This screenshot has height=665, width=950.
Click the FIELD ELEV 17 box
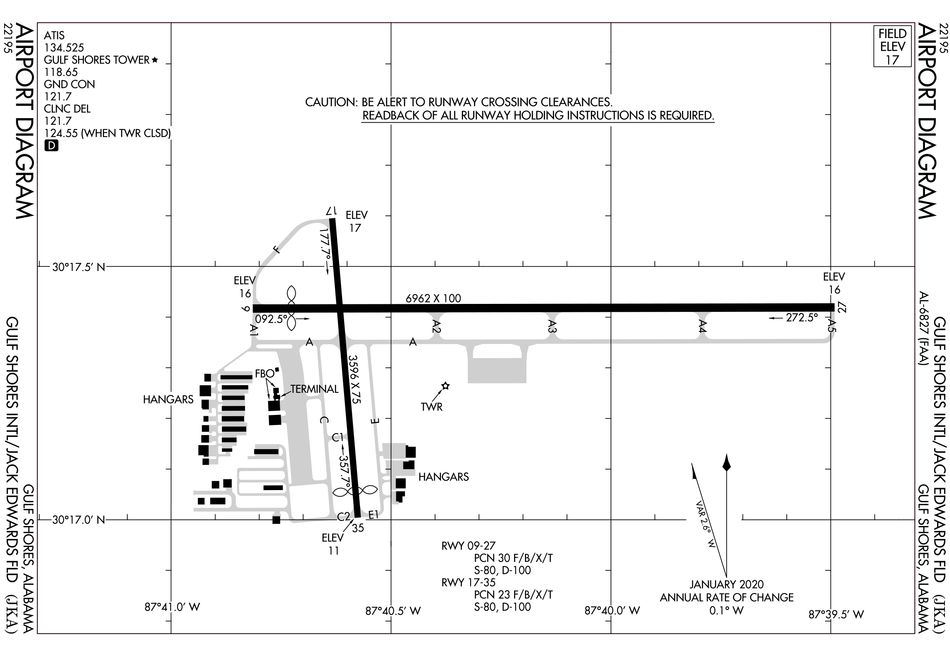892,46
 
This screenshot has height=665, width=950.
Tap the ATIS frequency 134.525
64,48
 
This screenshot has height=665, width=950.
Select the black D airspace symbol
51,146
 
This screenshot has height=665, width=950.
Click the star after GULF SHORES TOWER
155,60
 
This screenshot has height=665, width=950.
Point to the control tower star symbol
446,386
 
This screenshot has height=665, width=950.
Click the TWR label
432,407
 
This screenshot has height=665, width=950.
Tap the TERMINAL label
314,389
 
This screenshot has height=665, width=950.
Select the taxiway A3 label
552,326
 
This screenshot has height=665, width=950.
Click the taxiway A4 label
702,326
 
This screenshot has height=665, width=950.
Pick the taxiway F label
276,250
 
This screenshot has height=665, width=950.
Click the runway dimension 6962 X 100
433,298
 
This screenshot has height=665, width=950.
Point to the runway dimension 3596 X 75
354,379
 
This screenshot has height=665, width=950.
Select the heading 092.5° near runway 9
271,319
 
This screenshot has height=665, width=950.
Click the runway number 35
358,528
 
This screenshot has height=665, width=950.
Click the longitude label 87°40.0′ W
612,611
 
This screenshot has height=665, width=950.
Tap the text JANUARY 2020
727,584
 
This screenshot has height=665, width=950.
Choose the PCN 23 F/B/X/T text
514,594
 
